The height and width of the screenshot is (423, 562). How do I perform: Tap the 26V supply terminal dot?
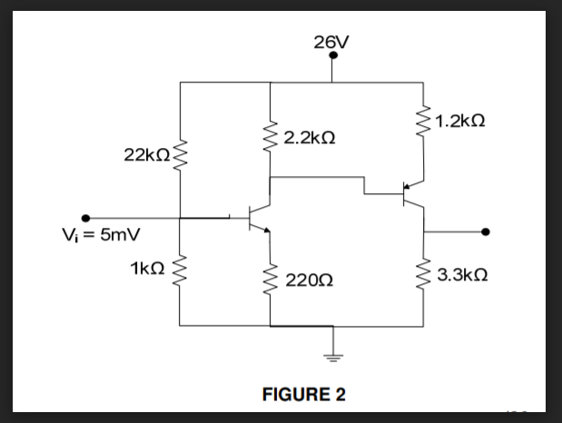[x=334, y=55]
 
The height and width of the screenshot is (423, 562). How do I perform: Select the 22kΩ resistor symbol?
[x=181, y=153]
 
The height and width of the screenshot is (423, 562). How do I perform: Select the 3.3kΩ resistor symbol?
[x=423, y=273]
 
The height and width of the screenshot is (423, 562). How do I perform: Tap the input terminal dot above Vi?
[x=86, y=218]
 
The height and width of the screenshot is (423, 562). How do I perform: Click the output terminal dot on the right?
[x=488, y=231]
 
